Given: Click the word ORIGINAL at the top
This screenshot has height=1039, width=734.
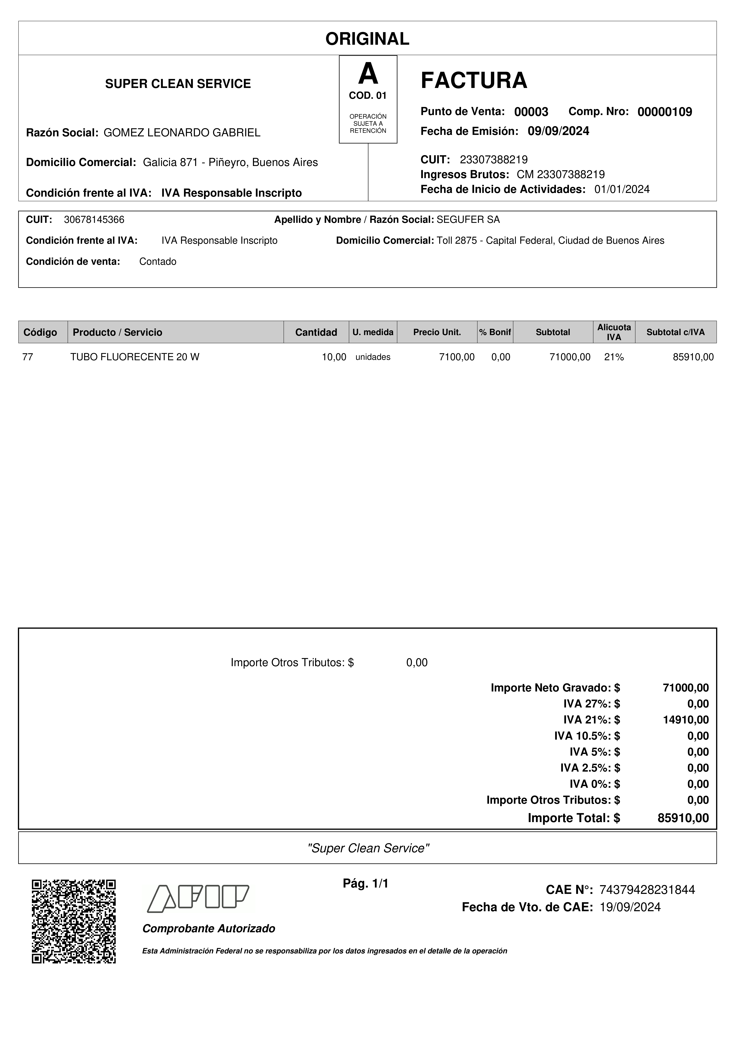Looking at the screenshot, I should point(367,39).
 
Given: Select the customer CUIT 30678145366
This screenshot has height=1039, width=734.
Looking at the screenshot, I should point(94,220).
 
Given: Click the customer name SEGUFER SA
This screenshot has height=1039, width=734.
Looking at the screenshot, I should point(468,220).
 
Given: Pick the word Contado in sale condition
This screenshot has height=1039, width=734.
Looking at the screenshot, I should point(158,261).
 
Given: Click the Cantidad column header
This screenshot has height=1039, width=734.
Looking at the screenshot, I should point(316,332).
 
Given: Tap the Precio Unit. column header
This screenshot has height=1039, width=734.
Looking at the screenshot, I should point(437,332).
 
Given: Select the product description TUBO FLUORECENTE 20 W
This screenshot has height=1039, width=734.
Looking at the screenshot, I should point(135,357).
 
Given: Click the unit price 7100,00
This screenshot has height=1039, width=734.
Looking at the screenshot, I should point(457,357).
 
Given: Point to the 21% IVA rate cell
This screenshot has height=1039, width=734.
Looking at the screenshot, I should point(614,357).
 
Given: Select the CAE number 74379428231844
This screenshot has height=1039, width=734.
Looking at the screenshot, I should point(647,890).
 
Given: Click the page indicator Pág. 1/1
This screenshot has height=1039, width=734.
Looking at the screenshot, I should point(365,883).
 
